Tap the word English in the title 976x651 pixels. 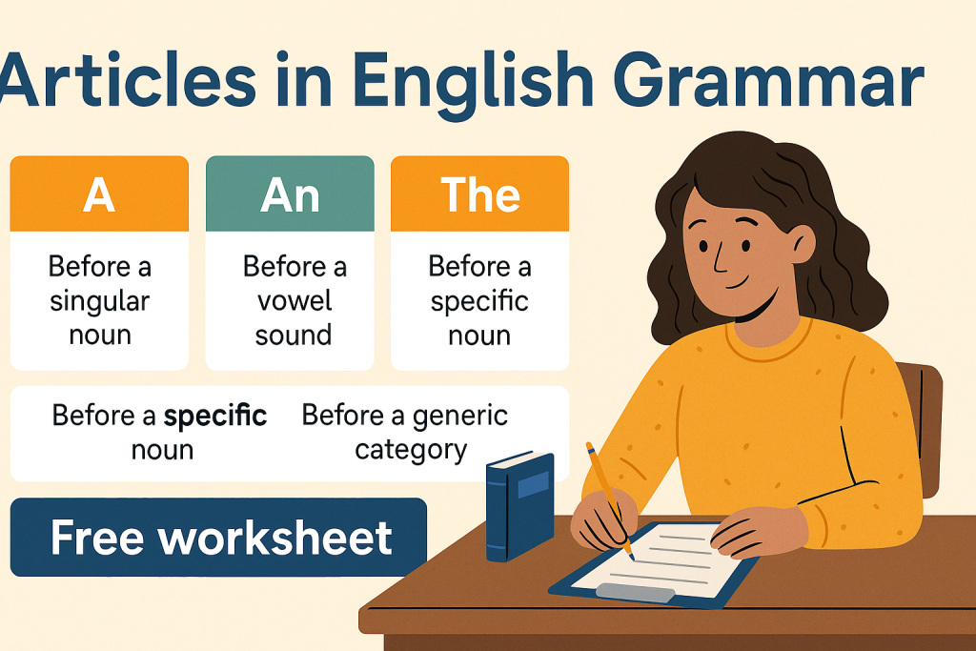coord(473,81)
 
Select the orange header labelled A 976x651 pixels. coord(99,193)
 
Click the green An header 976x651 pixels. coord(290,193)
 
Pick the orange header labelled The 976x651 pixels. coord(480,193)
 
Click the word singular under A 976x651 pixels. coord(99,302)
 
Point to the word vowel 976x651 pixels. coord(295,301)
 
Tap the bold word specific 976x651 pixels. coord(215,416)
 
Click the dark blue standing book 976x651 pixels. coord(519,506)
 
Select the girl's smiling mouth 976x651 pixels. coord(739,284)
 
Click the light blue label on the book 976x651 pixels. coord(534,485)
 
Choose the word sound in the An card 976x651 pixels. coord(294,336)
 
